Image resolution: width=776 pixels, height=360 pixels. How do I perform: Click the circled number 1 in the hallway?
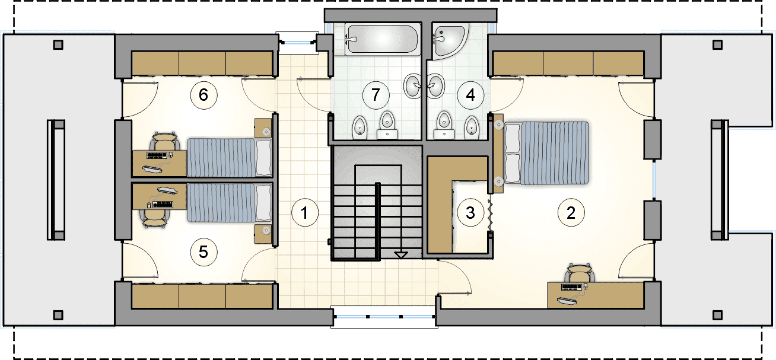[305, 212]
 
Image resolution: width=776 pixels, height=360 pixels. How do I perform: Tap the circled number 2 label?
[571, 212]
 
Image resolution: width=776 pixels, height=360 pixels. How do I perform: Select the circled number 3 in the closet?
[470, 212]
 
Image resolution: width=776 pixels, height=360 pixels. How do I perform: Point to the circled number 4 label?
[470, 95]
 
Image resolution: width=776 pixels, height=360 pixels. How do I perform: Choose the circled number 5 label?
[203, 252]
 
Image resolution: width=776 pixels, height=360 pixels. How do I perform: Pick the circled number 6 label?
[203, 95]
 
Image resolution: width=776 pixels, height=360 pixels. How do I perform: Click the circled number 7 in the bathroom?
[376, 95]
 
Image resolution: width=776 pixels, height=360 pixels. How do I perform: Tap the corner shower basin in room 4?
[450, 40]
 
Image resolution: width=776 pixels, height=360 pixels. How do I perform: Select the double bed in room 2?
[546, 152]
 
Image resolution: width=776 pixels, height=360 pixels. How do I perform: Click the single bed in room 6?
[230, 158]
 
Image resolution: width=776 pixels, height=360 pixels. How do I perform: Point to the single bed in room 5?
[230, 203]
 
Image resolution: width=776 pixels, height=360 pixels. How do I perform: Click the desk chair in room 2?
[580, 273]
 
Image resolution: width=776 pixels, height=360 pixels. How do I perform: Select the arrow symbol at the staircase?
[401, 255]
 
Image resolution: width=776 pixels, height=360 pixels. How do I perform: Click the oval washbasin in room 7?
[413, 85]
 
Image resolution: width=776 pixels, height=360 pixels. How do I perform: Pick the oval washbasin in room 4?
[435, 85]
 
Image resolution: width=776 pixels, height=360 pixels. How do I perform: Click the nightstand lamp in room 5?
[266, 230]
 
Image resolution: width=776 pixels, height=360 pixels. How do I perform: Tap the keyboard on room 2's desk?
[571, 287]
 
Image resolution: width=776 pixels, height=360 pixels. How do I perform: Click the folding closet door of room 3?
[490, 215]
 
